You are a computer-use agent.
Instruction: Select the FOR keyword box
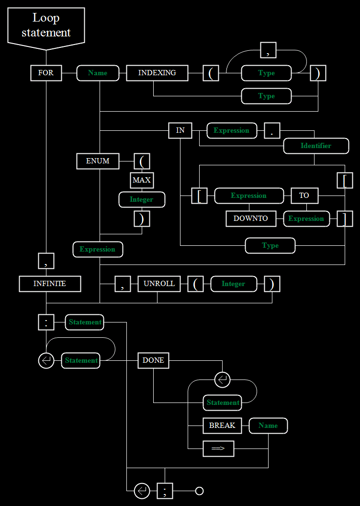coord(46,73)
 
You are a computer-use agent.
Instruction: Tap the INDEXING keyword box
coord(157,73)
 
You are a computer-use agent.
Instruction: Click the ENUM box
coord(98,161)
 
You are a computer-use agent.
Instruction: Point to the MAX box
coord(142,180)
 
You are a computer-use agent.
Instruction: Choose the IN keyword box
coord(180,131)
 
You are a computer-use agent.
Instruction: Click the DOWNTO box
coord(251,219)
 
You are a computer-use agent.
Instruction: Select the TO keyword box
coord(304,195)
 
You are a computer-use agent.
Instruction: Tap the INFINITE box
coord(50,284)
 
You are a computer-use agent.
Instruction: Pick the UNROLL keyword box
coord(159,284)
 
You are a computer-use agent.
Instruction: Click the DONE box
coord(153,360)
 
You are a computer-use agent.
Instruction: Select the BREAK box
coord(223,425)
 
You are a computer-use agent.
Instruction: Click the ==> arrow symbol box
coord(218,448)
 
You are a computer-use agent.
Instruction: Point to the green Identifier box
coord(316,146)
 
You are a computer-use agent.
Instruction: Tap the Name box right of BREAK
coord(269,425)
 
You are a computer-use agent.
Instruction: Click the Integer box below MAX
coord(142,200)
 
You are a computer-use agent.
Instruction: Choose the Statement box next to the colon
coord(84,322)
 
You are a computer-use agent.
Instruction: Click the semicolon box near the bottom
coord(165,491)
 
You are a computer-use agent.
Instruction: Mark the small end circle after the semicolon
coord(200,491)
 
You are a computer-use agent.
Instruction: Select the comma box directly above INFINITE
coord(46,261)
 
